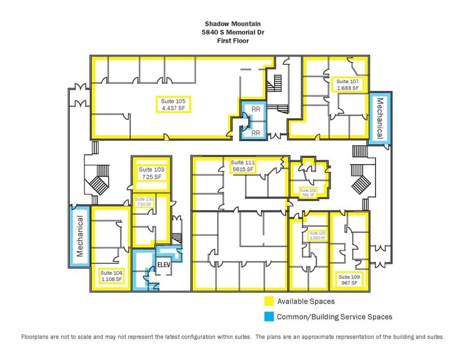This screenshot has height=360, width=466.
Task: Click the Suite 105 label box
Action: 173,104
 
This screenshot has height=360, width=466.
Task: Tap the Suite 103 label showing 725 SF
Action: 150,173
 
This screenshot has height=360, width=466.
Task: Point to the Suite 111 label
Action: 242,166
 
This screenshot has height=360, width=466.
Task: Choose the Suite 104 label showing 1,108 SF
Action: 111,276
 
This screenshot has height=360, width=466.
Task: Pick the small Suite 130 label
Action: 145,203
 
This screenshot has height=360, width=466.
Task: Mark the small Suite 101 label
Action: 308,193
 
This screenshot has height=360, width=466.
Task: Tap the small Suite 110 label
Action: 317,236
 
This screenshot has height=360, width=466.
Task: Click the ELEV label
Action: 163,265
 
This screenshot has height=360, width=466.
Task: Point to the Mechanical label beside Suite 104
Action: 80,236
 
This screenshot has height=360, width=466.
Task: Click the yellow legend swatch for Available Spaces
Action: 268,301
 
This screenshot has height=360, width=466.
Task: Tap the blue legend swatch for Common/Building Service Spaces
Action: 268,317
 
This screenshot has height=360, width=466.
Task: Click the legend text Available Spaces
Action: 306,301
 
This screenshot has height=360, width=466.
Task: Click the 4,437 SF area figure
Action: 173,108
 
